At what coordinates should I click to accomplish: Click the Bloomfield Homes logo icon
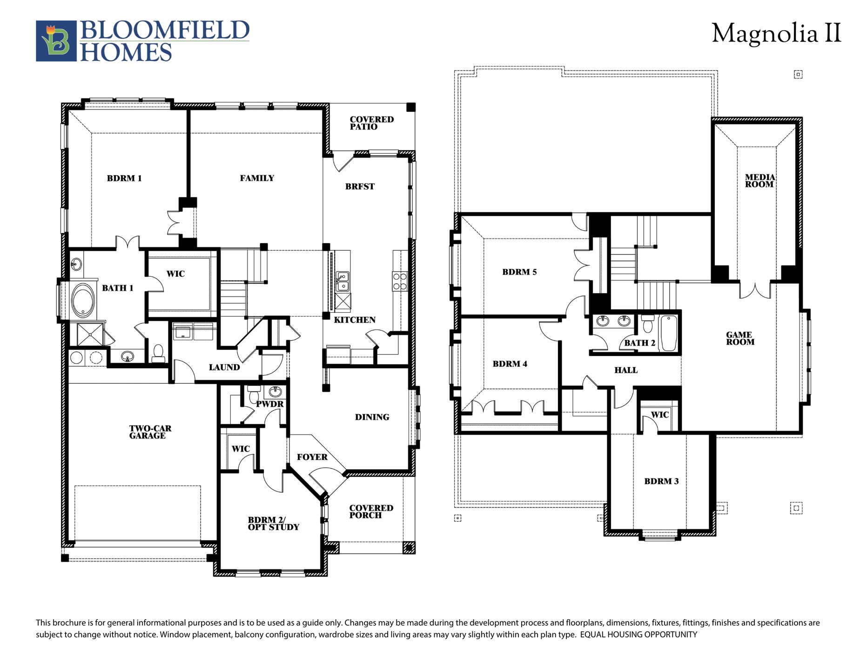pos(56,41)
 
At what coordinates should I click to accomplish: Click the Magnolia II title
pos(776,34)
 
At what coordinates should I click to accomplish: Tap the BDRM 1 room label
pos(124,178)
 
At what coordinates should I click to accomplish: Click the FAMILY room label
pos(257,178)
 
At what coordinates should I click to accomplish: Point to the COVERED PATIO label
pos(371,123)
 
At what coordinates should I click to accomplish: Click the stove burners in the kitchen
pos(400,281)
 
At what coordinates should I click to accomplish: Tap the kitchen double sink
pos(343,281)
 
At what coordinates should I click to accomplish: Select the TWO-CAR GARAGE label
pos(150,432)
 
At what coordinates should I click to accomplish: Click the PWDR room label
pos(269,404)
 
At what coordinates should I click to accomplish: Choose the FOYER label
pos(312,457)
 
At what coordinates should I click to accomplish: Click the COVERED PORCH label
pos(371,512)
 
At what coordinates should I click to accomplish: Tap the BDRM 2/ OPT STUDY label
pos(273,523)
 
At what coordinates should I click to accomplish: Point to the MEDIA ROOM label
pos(759,181)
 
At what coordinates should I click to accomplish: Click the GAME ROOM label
pos(740,338)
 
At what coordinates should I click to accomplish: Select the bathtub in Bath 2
pos(669,333)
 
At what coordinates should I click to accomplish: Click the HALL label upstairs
pos(625,370)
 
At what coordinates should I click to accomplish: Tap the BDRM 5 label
pos(519,272)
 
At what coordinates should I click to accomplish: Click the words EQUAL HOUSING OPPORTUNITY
pos(638,635)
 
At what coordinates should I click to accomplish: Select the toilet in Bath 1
pos(158,354)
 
